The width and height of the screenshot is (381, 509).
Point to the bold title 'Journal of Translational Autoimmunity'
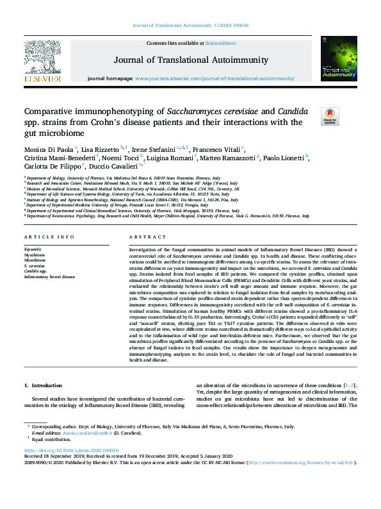pos(190,60)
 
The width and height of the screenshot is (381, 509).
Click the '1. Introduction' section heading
pos(44,385)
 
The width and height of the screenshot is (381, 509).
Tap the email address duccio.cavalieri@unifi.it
pos(86,433)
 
